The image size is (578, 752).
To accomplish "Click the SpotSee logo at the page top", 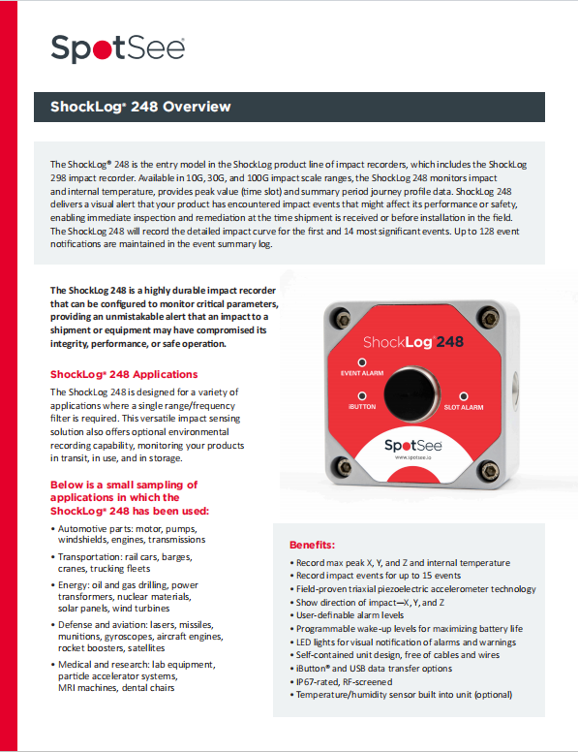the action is coord(117,48).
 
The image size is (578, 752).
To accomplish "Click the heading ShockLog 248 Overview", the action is coord(140,107).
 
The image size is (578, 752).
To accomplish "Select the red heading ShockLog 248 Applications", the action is coord(124,375).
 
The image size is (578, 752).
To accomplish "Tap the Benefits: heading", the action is coord(312,545).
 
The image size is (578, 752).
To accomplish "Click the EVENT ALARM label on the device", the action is coord(362,373).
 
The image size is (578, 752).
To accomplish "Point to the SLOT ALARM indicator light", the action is coord(464,396).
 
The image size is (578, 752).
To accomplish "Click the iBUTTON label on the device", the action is coord(362,407).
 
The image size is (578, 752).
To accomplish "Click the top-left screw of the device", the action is coord(342,319).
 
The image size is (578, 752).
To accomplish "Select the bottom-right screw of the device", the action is coord(489,470).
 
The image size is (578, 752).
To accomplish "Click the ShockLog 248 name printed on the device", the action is coord(413,342).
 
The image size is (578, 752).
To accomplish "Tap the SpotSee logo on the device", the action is coord(412,446).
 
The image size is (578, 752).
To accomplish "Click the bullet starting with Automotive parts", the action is coord(128,534).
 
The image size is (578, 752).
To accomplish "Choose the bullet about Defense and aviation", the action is coord(137,637).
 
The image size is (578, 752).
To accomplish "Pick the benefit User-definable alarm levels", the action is coord(347,615).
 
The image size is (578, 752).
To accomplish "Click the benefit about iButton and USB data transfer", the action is coord(371,669).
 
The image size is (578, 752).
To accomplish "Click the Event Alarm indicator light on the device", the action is coord(362,362).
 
